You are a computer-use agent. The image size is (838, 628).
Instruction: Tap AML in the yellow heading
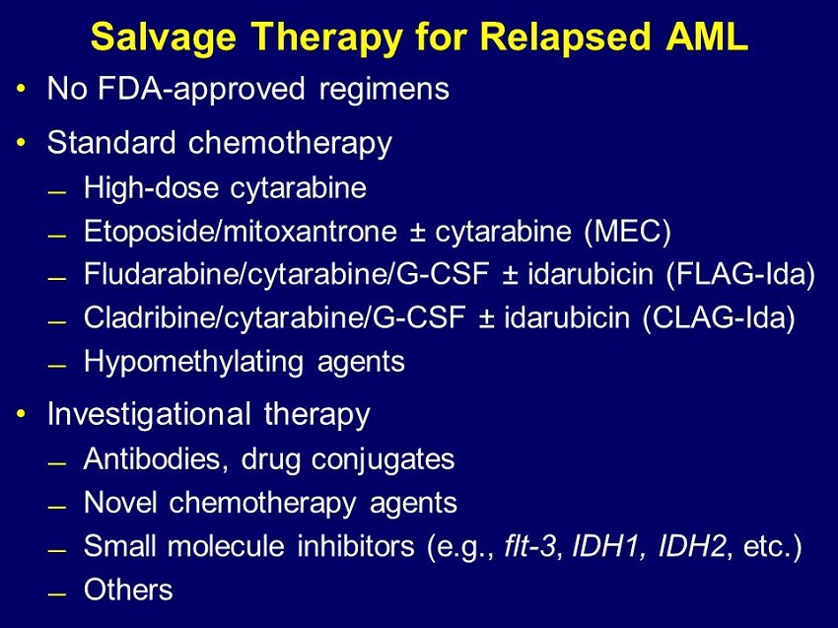[x=707, y=36]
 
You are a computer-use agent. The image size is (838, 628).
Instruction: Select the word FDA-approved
[x=202, y=90]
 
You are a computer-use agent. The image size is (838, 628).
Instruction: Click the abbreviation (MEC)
[x=627, y=232]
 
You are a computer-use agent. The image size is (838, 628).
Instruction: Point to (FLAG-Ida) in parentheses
[x=740, y=275]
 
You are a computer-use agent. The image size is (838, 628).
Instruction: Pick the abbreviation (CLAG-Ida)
[x=719, y=318]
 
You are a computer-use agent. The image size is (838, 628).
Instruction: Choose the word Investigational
[x=149, y=415]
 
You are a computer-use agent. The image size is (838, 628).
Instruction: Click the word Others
[x=128, y=590]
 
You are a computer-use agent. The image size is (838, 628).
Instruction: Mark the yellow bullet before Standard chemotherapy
[x=21, y=142]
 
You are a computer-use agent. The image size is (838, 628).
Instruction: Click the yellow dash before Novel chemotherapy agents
[x=56, y=506]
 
